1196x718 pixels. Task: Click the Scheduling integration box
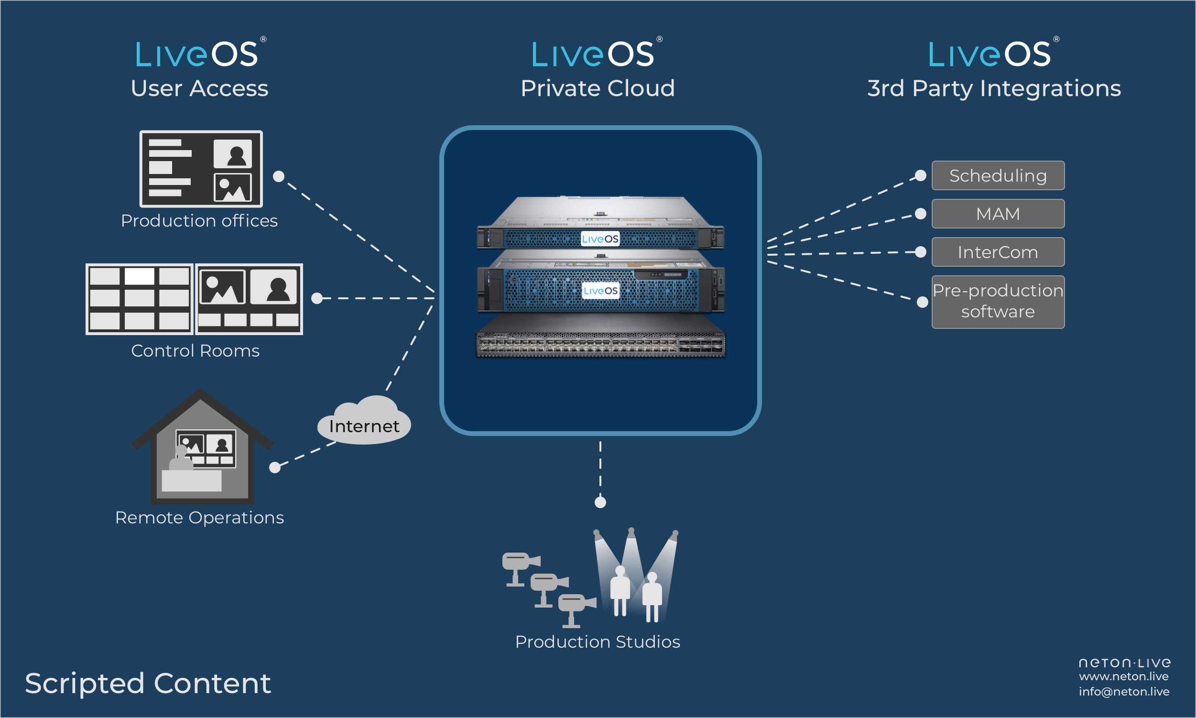pos(998,175)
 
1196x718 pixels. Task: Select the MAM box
pos(998,214)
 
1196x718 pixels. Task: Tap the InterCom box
pos(998,252)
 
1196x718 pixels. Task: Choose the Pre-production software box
pos(998,302)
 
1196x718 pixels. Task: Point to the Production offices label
pos(199,221)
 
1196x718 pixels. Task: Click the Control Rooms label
pos(195,351)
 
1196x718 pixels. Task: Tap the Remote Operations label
pos(199,518)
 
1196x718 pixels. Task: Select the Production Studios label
pos(598,642)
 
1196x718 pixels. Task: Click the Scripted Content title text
pos(148,683)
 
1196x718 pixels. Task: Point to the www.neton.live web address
pos(1123,676)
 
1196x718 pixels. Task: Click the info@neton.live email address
pos(1124,692)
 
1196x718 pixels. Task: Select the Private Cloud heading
pos(598,88)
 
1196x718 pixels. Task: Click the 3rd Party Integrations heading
pos(994,88)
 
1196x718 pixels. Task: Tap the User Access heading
pos(199,88)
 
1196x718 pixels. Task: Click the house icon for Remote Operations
pos(202,447)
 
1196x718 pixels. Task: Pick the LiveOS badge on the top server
pos(600,239)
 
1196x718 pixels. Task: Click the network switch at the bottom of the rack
pos(600,344)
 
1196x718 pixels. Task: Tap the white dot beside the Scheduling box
pos(921,175)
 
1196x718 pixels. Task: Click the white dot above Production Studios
pos(600,502)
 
